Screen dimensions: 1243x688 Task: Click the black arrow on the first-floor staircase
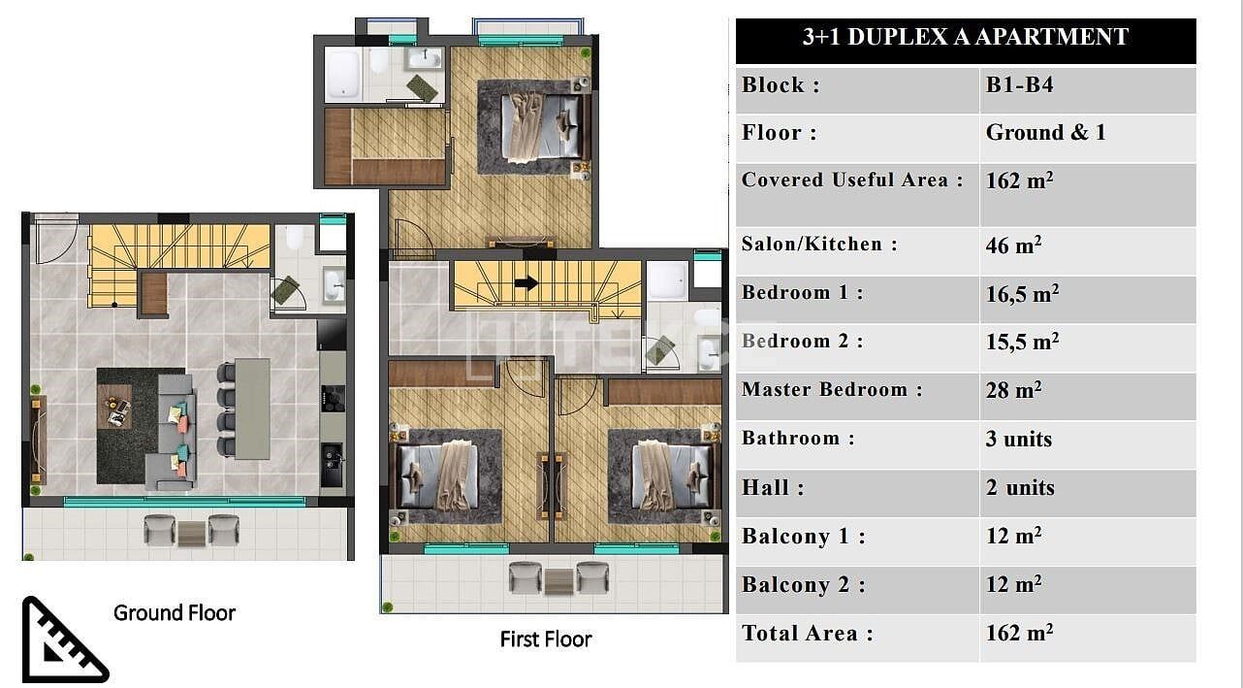(x=526, y=283)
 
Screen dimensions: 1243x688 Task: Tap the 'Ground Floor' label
(x=175, y=613)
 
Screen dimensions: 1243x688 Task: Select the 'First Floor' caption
(x=546, y=639)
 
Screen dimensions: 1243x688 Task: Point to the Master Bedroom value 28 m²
(x=1013, y=390)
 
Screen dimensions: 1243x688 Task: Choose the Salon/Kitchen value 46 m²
(x=1013, y=245)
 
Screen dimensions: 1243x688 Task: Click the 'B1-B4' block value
(x=1019, y=85)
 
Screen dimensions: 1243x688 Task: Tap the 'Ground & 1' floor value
(x=1045, y=132)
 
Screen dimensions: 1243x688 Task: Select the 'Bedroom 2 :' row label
(x=802, y=341)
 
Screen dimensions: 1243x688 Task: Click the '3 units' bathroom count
(x=1019, y=439)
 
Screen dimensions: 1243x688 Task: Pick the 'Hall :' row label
(x=773, y=487)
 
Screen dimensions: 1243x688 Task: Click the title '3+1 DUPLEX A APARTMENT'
(x=966, y=37)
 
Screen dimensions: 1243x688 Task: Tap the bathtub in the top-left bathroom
(x=343, y=75)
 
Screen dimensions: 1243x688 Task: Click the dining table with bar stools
(x=252, y=409)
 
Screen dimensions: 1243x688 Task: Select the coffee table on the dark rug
(x=114, y=407)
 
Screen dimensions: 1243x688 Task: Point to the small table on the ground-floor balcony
(x=191, y=534)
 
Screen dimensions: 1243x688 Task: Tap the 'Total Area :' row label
(x=807, y=633)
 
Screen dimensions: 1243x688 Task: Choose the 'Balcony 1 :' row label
(x=803, y=537)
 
